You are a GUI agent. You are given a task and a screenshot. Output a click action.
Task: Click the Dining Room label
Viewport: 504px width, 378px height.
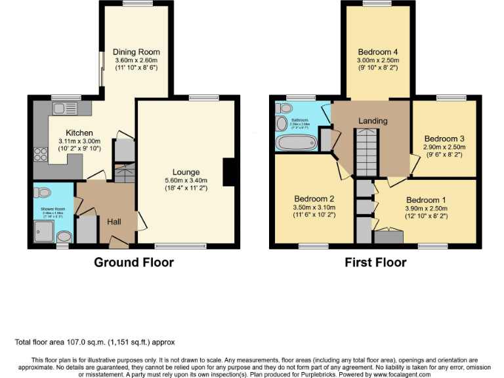[x=136, y=52]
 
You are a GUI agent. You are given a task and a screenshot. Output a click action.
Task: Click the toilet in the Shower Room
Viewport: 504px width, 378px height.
[x=43, y=193]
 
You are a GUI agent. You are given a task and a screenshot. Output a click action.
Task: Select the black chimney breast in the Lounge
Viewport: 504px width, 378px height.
[x=228, y=172]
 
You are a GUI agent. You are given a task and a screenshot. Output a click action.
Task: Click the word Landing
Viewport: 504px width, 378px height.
[x=373, y=121]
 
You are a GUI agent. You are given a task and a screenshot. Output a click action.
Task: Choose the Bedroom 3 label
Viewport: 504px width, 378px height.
[x=444, y=138]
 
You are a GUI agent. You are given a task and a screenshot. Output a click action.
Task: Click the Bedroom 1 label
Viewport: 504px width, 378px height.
[x=426, y=200]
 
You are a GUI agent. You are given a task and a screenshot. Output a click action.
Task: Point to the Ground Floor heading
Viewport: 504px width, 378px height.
[x=134, y=262]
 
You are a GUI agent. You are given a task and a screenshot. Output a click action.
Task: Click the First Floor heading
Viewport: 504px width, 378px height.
[x=376, y=262]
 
